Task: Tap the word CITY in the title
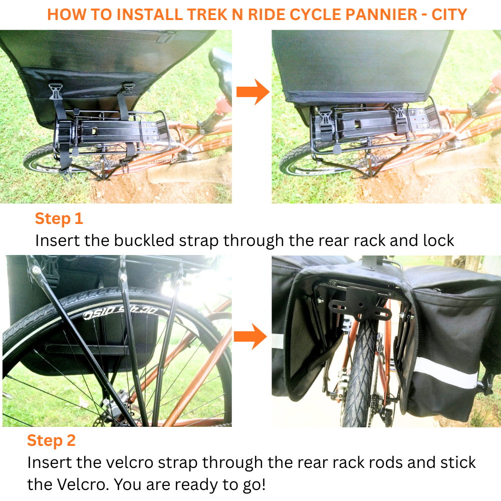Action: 449,15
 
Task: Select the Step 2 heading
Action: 52,441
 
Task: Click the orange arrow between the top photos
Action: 253,92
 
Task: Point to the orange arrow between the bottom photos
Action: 250,336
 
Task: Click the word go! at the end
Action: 255,485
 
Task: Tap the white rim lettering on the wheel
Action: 121,313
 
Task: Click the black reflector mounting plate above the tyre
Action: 360,303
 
